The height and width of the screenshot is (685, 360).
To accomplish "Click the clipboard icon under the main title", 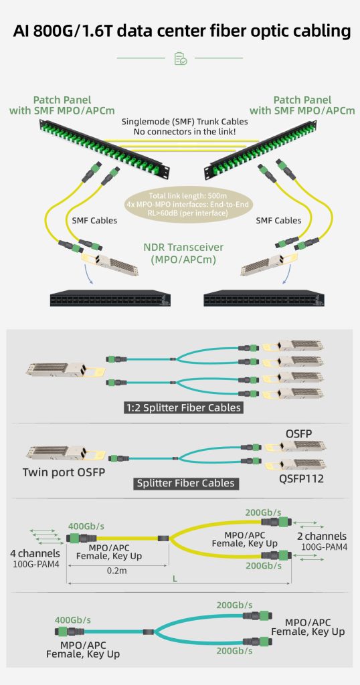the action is click(x=181, y=59).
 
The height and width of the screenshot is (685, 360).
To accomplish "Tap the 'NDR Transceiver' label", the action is click(x=183, y=248).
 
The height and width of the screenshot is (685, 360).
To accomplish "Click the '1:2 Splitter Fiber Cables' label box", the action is click(x=182, y=407).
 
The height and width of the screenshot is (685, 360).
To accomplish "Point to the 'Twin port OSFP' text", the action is click(x=64, y=472).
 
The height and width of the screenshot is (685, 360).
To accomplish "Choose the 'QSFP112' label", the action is click(x=302, y=479).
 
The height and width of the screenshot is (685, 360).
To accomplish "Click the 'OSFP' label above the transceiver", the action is click(x=299, y=433).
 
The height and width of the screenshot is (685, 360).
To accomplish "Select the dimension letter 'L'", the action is click(x=175, y=579).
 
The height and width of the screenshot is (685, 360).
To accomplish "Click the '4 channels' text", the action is click(x=35, y=553).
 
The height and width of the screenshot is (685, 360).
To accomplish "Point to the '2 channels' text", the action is click(x=322, y=536).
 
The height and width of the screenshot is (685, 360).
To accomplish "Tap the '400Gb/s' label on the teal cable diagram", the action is click(x=73, y=620).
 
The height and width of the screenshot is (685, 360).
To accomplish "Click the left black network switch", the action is click(x=110, y=298).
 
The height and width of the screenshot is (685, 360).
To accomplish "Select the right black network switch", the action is click(x=264, y=298).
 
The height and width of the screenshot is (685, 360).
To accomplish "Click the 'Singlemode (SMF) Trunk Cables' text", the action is click(x=185, y=122).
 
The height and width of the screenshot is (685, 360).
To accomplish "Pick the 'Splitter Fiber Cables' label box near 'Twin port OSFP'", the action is click(x=185, y=483).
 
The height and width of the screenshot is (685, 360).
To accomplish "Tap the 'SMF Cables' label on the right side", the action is click(x=278, y=220).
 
